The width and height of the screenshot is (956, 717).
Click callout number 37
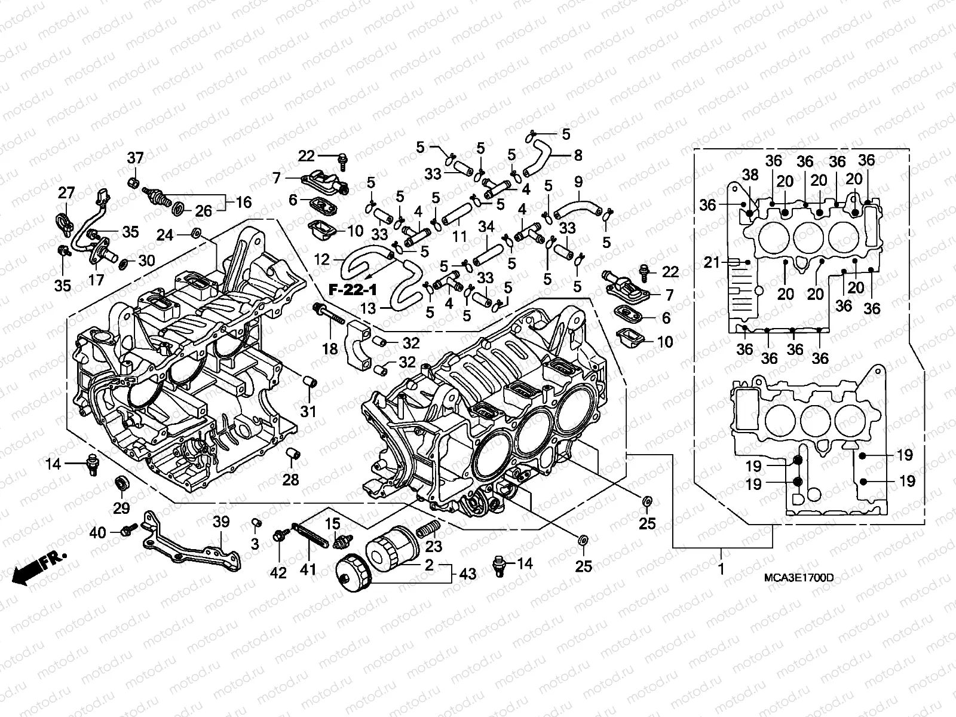click(135, 158)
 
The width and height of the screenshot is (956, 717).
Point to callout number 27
click(66, 193)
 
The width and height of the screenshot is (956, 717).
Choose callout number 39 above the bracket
click(221, 522)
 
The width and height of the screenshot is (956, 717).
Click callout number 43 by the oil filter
click(468, 574)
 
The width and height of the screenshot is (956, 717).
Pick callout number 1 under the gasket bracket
click(721, 568)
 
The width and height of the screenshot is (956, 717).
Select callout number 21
click(711, 262)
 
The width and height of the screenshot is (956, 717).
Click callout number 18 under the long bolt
click(330, 348)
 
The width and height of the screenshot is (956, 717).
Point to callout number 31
click(308, 411)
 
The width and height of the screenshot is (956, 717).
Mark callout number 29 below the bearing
click(121, 508)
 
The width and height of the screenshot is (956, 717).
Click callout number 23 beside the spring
click(434, 546)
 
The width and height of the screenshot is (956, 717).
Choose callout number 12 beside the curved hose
click(321, 259)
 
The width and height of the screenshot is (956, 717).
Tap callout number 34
click(486, 227)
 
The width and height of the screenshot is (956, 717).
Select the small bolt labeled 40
click(127, 530)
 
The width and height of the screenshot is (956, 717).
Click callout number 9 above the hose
click(578, 181)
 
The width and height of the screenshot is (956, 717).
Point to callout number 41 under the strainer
click(308, 570)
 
